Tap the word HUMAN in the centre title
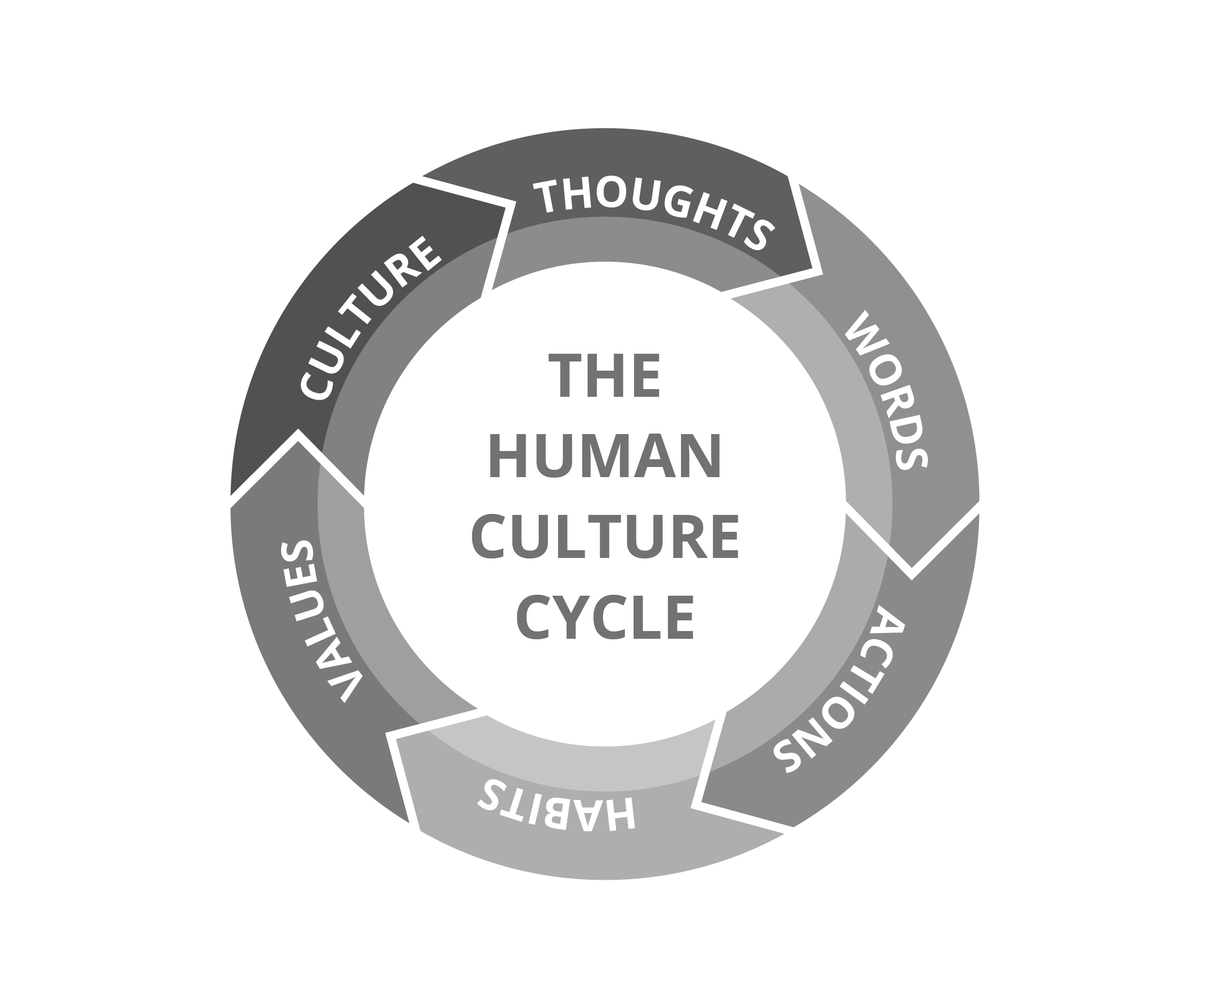pyautogui.click(x=605, y=456)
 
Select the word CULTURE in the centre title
pyautogui.click(x=605, y=536)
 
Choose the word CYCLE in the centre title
pyautogui.click(x=605, y=617)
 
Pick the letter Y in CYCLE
pyautogui.click(x=571, y=617)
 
